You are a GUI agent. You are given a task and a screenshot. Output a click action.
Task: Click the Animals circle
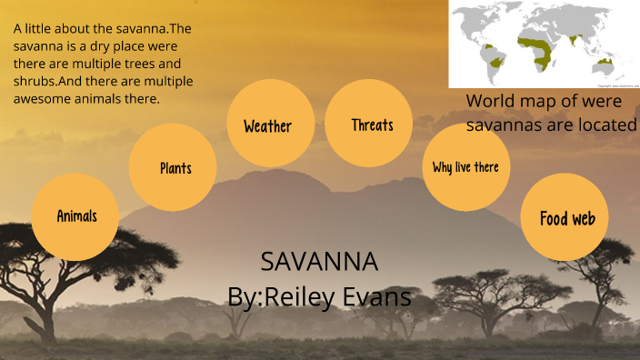(75, 216)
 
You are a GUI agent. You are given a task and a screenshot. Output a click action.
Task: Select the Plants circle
(174, 167)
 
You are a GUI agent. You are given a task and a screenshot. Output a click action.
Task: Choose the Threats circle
(371, 125)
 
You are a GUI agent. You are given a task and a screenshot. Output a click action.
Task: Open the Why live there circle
(465, 167)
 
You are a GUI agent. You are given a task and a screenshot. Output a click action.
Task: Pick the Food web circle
(565, 218)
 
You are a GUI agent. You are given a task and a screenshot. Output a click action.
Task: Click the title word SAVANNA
(318, 263)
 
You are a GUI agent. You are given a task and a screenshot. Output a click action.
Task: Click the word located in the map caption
(604, 125)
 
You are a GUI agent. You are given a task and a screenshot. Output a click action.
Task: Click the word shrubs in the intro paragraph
(35, 81)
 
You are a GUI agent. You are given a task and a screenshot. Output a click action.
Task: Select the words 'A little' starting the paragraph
(33, 29)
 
